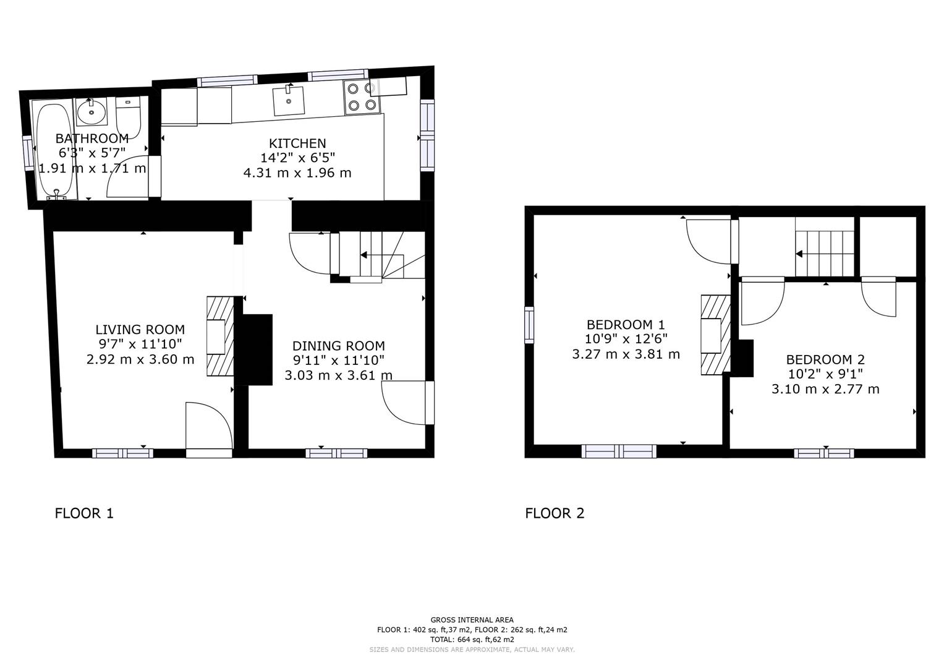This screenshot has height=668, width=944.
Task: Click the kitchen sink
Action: (289, 101)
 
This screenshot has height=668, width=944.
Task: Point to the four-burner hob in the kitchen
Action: (361, 97)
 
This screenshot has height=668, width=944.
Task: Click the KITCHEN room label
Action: (297, 143)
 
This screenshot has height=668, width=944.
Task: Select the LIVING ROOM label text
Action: (140, 330)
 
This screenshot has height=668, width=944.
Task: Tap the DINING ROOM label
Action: (338, 346)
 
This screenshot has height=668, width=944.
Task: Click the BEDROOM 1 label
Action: (626, 324)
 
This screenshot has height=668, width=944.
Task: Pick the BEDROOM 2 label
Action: (825, 359)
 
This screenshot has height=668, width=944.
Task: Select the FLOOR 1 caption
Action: (84, 513)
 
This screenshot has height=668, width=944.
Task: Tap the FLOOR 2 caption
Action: (555, 513)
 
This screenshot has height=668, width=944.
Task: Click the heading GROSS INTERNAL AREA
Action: (472, 620)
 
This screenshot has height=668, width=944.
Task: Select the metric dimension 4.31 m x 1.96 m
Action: (297, 173)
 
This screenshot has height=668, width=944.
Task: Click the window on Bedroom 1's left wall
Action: (529, 325)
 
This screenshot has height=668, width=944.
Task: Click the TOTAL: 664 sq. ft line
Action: (472, 640)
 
